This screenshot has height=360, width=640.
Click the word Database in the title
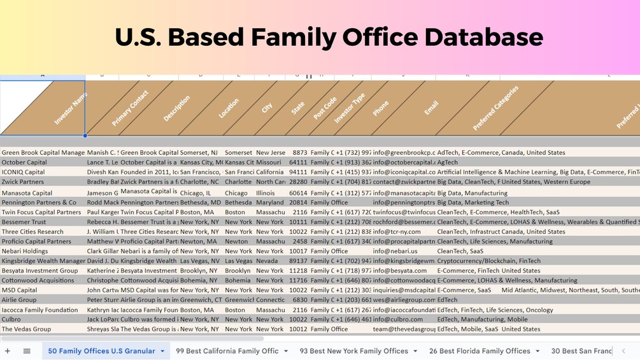coord(483,38)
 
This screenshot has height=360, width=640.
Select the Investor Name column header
coord(70,108)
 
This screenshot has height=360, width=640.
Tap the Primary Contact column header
coord(130,108)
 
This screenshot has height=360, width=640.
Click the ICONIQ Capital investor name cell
coord(24,172)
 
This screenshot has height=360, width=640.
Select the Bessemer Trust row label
coord(24,222)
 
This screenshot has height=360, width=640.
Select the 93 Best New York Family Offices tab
coord(354,351)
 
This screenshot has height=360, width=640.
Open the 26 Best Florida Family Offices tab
coord(480,351)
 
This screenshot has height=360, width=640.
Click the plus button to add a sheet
coord(8,351)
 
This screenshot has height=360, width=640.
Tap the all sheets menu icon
coord(27,351)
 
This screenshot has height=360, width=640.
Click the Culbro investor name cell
coord(11,319)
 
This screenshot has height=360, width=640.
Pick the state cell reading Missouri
coord(269,162)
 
